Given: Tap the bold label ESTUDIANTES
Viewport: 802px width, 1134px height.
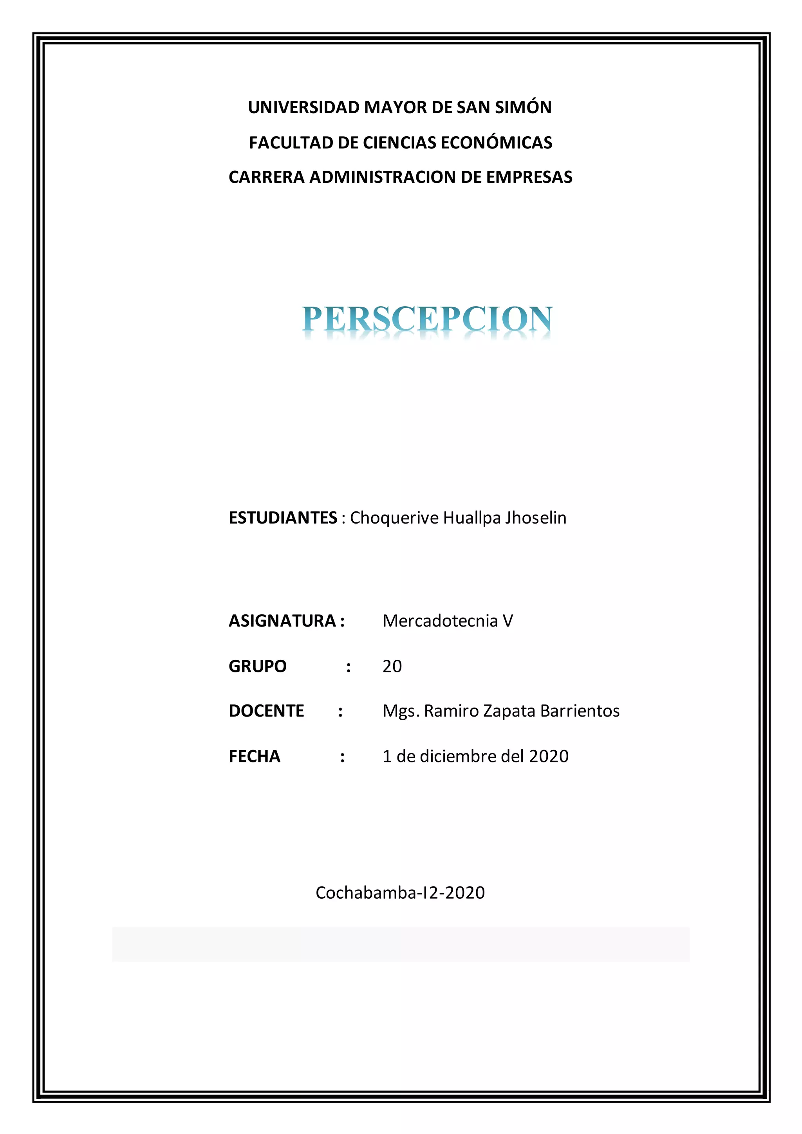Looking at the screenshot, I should (283, 518).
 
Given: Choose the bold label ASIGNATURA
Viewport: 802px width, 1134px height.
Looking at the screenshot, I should (282, 621).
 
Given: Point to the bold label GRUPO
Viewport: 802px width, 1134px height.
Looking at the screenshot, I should (257, 666).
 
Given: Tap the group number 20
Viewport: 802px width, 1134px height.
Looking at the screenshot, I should (392, 666).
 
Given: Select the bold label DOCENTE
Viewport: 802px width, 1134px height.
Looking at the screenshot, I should (266, 711).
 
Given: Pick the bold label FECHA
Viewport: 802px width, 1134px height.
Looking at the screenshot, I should (254, 756).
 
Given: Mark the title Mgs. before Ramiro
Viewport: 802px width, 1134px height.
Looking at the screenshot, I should (401, 711).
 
